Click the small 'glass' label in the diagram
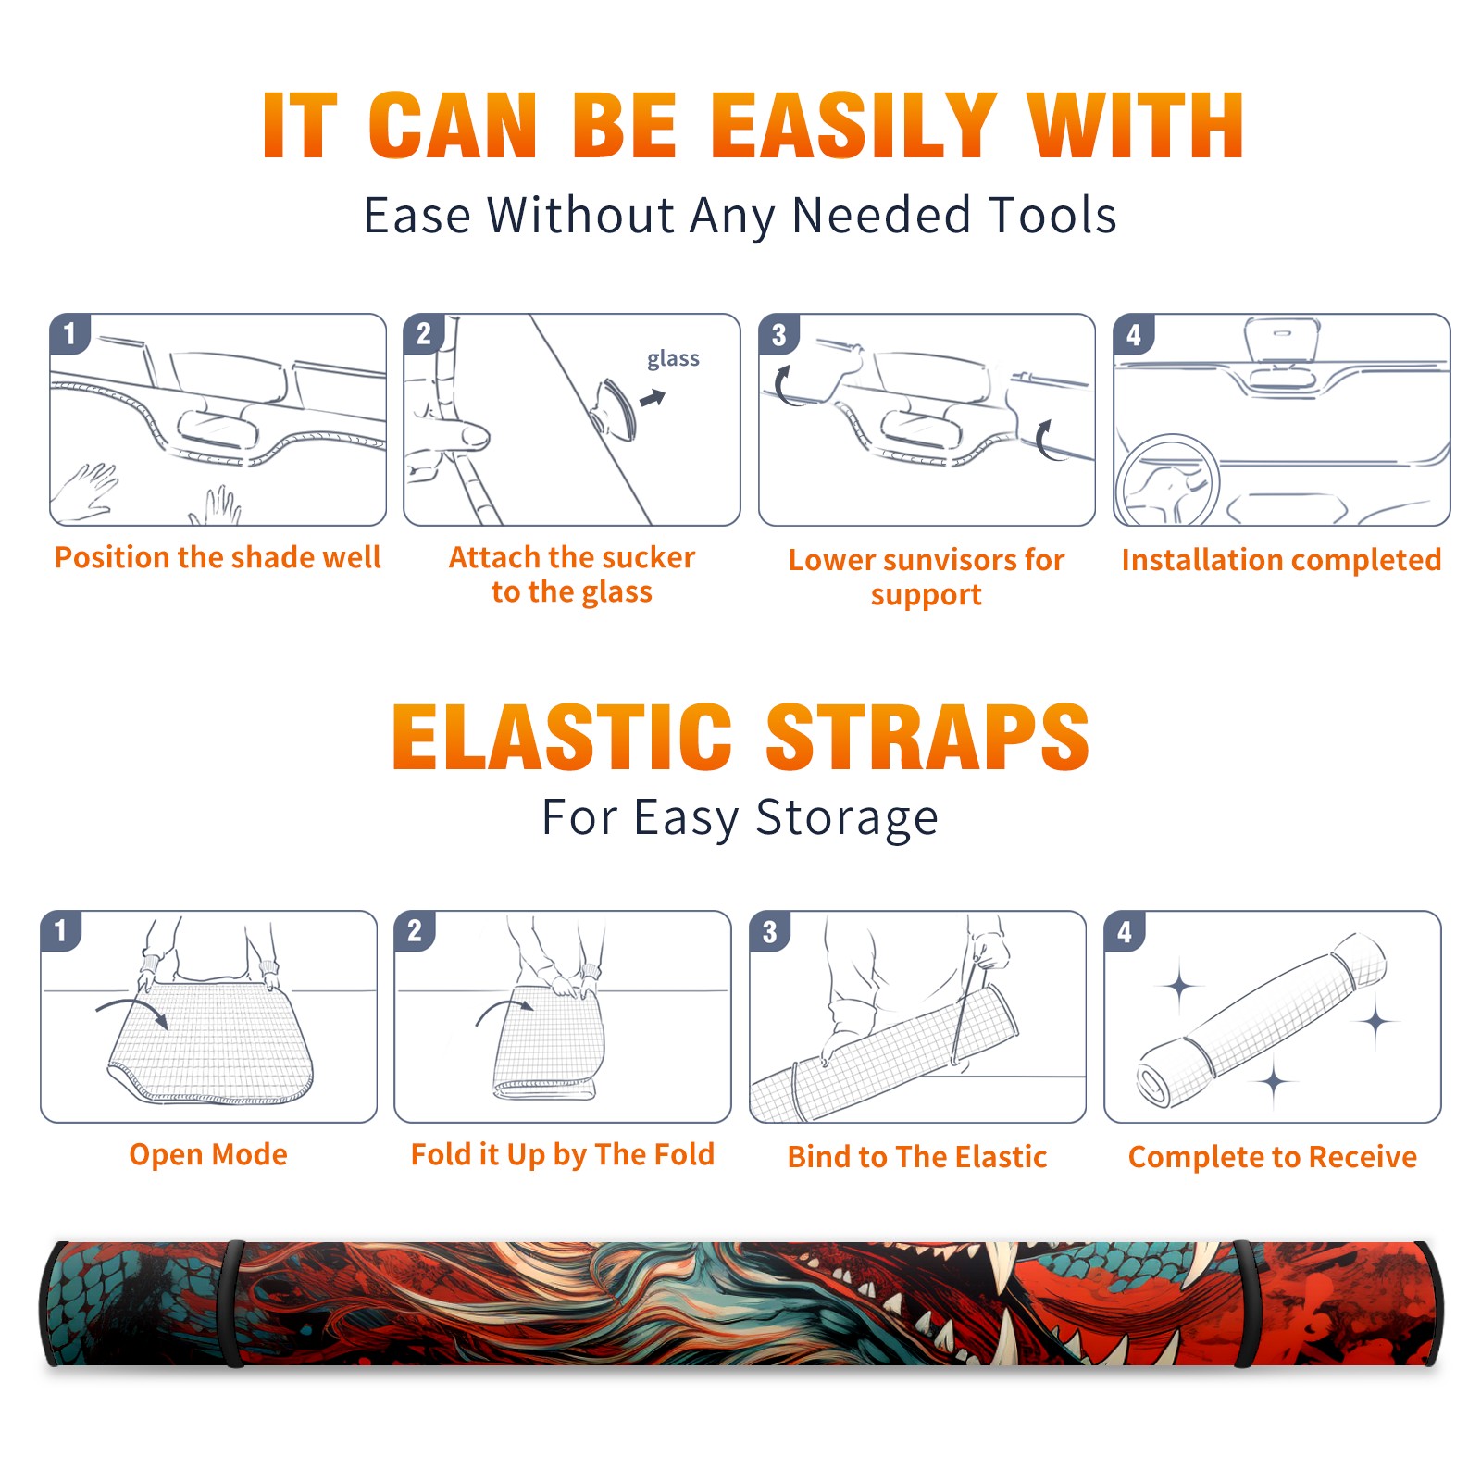point(673,359)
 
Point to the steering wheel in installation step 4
point(1167,481)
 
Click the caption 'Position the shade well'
point(218,557)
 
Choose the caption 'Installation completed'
point(1281,559)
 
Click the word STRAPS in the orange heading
point(927,737)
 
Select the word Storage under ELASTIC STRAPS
point(847,818)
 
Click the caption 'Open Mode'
point(208,1154)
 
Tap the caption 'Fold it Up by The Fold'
point(563,1154)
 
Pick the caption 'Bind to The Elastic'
point(917,1156)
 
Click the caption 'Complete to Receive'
point(1273,1157)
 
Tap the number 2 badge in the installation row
point(424,333)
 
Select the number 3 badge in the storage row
point(770,931)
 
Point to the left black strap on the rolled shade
point(234,1303)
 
